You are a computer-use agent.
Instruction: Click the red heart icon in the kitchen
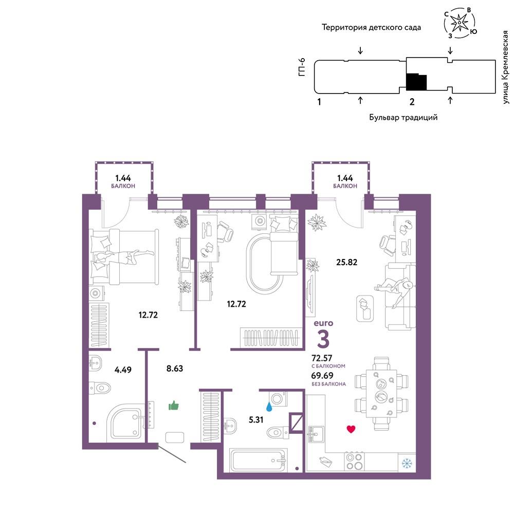click(351, 429)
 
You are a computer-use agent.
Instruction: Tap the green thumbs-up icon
click(173, 406)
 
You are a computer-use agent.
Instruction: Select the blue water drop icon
click(269, 407)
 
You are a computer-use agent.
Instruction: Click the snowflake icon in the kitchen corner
click(407, 464)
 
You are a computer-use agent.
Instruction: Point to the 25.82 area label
click(346, 262)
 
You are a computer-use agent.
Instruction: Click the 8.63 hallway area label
click(175, 369)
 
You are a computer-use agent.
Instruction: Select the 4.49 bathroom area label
click(123, 370)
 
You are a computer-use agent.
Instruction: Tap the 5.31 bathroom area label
click(256, 419)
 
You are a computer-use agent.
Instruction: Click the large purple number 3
click(323, 339)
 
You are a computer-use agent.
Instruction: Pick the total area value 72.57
click(322, 358)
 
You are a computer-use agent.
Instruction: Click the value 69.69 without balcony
click(322, 376)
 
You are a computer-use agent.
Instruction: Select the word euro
click(323, 323)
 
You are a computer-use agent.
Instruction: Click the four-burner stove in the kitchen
click(354, 462)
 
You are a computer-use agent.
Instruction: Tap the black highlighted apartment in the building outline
click(416, 82)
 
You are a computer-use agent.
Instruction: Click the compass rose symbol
click(460, 23)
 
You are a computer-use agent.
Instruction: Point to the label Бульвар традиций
click(403, 117)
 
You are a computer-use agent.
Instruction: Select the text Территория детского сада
click(372, 27)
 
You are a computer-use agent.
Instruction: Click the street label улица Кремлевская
click(505, 67)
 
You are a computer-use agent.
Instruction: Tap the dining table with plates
click(381, 393)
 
